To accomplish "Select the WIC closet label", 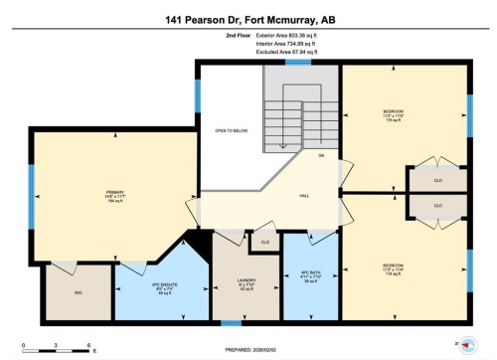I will click(65, 292).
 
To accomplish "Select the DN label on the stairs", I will click(321, 156).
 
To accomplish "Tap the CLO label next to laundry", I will click(264, 242).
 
